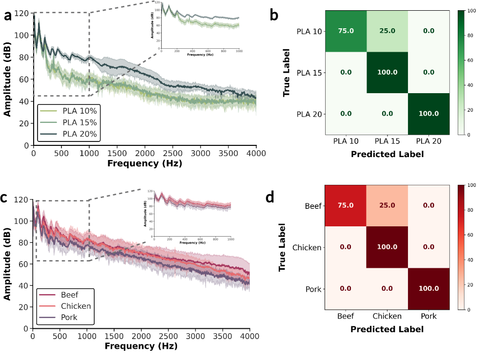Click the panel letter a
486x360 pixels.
[8, 16]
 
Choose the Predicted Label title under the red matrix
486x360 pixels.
[387, 329]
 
